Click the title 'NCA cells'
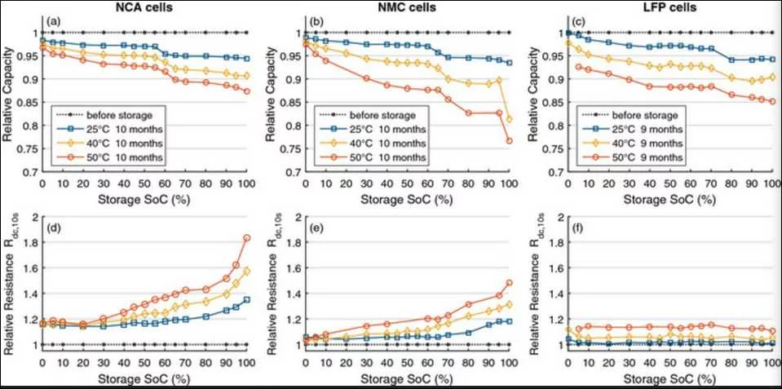pos(144,9)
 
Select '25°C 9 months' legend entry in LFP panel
pos(651,130)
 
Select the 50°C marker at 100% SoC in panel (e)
pos(508,283)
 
